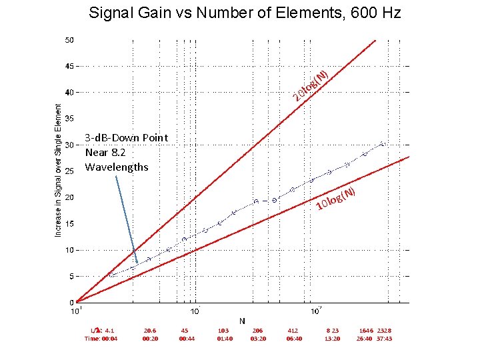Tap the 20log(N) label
311,86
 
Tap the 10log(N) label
339,198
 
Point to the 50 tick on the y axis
69,40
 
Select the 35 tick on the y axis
69,119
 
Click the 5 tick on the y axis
71,276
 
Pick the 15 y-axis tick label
69,224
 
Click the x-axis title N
242,321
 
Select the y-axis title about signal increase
58,170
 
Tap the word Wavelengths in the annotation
117,167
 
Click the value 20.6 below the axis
150,330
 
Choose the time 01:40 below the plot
225,339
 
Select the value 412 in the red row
293,330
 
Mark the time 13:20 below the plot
332,339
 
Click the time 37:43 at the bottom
384,339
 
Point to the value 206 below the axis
257,330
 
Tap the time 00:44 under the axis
187,339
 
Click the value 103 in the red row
224,330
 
